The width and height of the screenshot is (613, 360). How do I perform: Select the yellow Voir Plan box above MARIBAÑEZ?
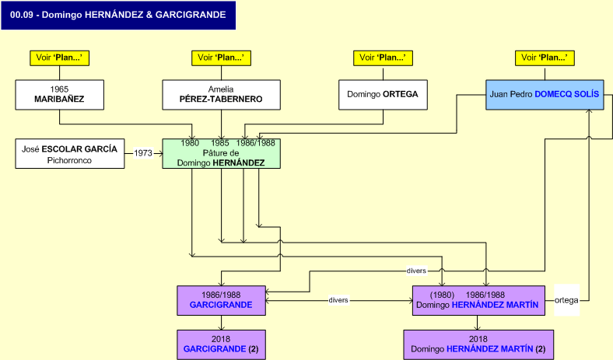click(x=60, y=58)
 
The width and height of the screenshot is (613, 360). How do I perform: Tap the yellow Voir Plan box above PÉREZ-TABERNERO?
click(x=221, y=58)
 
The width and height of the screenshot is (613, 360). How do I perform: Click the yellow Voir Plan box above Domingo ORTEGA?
click(x=383, y=58)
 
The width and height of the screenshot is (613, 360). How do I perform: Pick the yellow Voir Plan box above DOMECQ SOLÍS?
click(x=545, y=58)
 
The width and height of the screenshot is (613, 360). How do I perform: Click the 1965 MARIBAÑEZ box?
click(x=60, y=94)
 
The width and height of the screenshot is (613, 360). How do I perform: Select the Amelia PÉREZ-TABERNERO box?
click(x=221, y=94)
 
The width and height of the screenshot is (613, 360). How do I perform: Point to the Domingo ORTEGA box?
click(x=383, y=94)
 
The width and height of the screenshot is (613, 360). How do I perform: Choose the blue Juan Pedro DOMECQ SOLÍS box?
click(x=545, y=94)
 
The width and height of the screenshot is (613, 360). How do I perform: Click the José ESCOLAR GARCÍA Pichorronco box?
click(x=70, y=153)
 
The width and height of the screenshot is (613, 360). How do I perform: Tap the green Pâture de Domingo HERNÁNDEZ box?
click(x=221, y=153)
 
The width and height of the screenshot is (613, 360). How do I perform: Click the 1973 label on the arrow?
click(x=143, y=153)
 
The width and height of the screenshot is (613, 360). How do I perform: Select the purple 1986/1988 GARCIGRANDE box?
click(x=221, y=300)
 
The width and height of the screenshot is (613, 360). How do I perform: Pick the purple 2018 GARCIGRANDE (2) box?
click(x=221, y=344)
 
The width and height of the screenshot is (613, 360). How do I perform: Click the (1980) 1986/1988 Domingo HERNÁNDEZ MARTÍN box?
click(x=478, y=300)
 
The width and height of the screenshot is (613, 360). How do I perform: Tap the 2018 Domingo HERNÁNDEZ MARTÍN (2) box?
click(x=478, y=344)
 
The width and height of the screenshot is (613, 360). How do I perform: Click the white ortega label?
click(x=566, y=300)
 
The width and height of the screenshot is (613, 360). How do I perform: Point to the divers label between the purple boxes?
click(x=338, y=300)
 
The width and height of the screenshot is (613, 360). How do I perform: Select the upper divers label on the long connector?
click(x=416, y=271)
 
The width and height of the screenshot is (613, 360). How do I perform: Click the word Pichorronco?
click(x=70, y=160)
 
